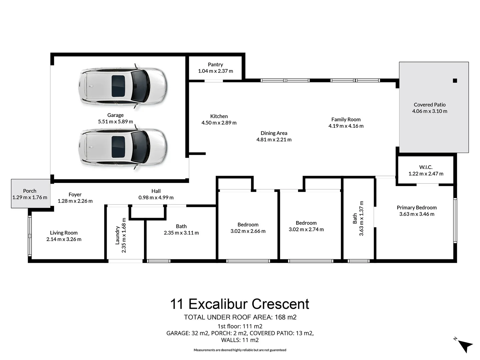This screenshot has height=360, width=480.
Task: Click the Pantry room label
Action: pyautogui.click(x=215, y=65)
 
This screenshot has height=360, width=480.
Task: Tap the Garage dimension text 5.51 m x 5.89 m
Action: pyautogui.click(x=115, y=122)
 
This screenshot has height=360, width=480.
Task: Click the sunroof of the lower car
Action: pyautogui.click(x=118, y=147)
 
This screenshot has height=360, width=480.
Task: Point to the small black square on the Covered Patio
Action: pyautogui.click(x=455, y=81)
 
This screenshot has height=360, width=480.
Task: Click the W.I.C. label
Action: pyautogui.click(x=426, y=167)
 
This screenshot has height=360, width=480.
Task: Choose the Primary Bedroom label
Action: pyautogui.click(x=417, y=208)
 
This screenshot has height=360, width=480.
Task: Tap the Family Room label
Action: pyautogui.click(x=346, y=119)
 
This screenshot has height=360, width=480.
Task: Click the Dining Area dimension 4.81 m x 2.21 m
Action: pyautogui.click(x=274, y=140)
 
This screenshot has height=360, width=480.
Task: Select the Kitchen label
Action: pyautogui.click(x=219, y=116)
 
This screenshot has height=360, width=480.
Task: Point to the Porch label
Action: pyautogui.click(x=30, y=191)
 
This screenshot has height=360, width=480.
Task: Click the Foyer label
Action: pyautogui.click(x=75, y=195)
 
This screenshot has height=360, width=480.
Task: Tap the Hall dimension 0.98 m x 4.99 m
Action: pyautogui.click(x=156, y=198)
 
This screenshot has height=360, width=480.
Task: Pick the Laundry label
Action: pyautogui.click(x=117, y=235)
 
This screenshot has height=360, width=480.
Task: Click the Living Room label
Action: pyautogui.click(x=64, y=233)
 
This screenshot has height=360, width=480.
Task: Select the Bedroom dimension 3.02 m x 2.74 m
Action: pyautogui.click(x=306, y=229)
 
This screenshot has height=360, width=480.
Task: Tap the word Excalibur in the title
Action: pyautogui.click(x=218, y=304)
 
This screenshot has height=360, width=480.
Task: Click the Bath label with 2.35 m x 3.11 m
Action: pyautogui.click(x=181, y=226)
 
